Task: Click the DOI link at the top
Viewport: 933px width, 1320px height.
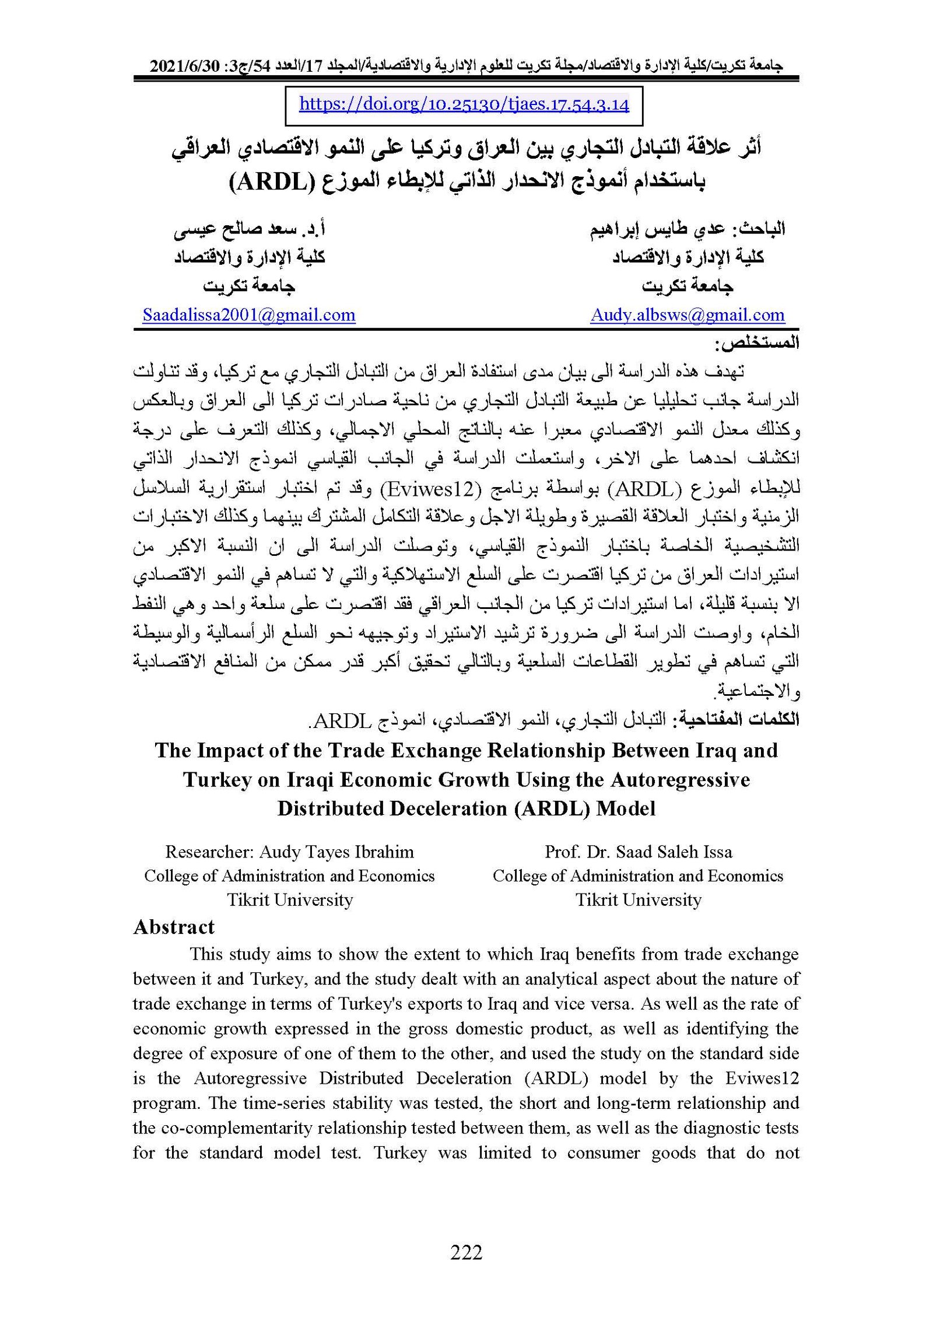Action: (x=464, y=104)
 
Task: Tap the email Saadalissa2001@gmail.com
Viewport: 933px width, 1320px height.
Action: (x=249, y=315)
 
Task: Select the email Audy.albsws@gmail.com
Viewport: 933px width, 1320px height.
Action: (x=688, y=315)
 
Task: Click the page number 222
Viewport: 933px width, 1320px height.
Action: (x=466, y=1252)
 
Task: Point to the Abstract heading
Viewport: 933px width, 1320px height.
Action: (x=174, y=927)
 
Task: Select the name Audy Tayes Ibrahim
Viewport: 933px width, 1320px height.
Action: (x=336, y=852)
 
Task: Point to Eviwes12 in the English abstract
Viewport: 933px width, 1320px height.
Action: (x=762, y=1078)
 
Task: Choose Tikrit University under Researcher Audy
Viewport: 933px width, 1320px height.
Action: (x=290, y=899)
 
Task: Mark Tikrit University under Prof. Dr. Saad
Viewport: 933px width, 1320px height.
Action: (x=638, y=899)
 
